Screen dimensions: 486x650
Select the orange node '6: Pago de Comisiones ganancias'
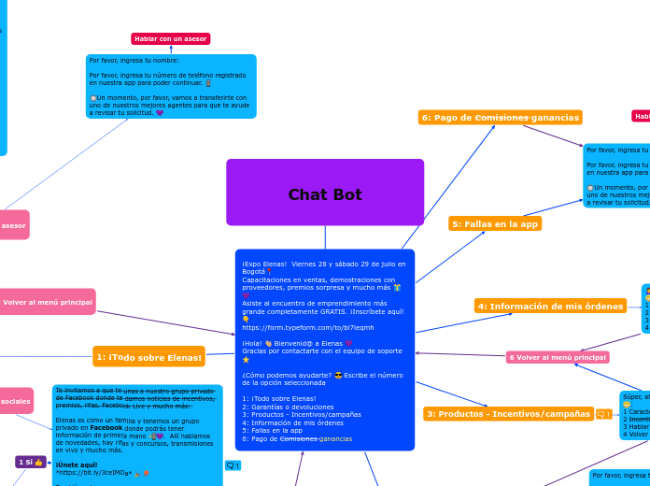click(500, 118)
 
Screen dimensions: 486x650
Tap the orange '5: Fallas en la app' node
click(495, 224)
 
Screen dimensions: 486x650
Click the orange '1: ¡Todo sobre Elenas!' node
click(148, 357)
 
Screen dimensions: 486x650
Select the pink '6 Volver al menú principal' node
click(558, 357)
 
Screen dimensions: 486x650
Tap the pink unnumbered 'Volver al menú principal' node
click(48, 302)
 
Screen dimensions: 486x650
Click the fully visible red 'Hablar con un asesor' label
click(171, 39)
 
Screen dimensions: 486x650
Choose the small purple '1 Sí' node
click(31, 462)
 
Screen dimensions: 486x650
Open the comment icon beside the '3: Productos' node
click(603, 414)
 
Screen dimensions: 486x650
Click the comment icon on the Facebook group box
click(233, 465)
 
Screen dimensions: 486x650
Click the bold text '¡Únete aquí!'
click(77, 465)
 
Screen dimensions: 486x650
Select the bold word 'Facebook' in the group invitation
click(106, 427)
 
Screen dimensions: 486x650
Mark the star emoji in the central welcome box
click(246, 360)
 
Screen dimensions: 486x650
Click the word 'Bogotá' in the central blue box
click(253, 272)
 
